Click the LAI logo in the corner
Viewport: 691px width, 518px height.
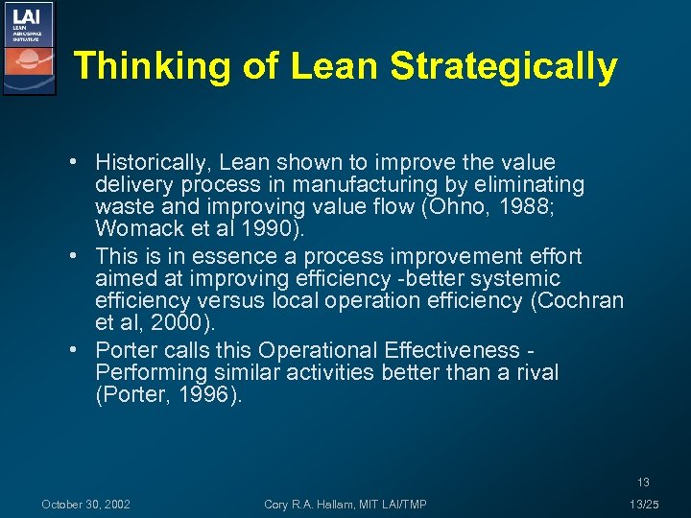click(28, 48)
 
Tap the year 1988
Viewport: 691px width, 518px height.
click(498, 206)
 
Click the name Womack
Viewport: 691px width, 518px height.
click(134, 229)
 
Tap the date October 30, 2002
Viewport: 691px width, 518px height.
click(86, 505)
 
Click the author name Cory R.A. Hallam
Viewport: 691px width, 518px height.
click(317, 505)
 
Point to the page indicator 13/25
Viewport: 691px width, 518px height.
click(644, 505)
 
